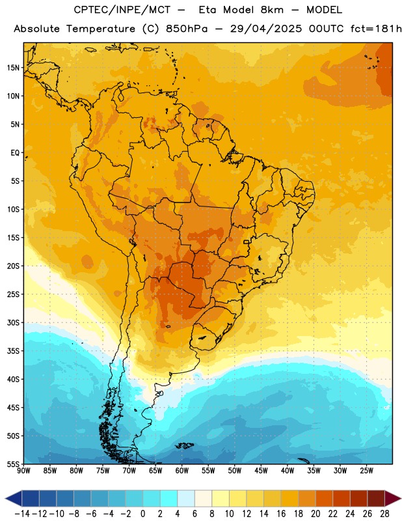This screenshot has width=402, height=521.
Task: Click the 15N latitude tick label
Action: point(13,68)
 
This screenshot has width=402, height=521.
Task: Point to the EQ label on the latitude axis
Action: point(15,153)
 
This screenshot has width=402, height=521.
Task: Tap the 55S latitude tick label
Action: point(13,464)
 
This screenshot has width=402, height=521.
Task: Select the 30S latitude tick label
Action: point(13,322)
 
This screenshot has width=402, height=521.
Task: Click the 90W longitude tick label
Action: point(23,471)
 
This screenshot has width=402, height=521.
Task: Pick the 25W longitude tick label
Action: point(366,471)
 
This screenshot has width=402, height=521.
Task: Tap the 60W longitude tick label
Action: point(182,471)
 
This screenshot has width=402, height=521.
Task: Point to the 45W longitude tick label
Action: point(261,471)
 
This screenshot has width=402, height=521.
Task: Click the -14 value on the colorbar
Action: point(22,514)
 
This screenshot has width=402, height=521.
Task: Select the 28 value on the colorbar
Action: point(384,514)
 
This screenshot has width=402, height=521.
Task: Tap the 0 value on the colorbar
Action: point(143,514)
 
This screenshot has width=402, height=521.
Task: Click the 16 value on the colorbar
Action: point(281,514)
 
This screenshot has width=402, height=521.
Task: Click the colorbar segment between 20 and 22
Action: point(325,498)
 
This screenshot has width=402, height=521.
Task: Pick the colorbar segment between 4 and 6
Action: point(186,498)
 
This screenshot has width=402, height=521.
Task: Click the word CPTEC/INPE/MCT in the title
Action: point(122,10)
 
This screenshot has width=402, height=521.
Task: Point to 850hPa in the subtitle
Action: point(187,29)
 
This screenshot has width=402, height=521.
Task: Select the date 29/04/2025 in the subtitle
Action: point(266,29)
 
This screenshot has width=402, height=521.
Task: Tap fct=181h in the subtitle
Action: point(376,29)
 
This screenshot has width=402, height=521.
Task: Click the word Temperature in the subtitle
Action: point(101,29)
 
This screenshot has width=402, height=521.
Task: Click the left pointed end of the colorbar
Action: point(6,498)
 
